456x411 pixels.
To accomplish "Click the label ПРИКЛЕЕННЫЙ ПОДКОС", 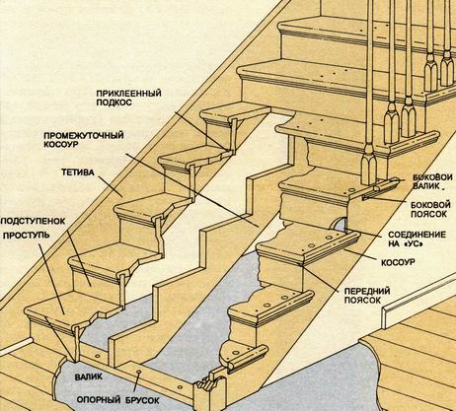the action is pyautogui.click(x=129, y=98).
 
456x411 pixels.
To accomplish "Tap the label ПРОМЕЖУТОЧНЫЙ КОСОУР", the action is pyautogui.click(x=84, y=140).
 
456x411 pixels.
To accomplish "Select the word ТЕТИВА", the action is pyautogui.click(x=78, y=172).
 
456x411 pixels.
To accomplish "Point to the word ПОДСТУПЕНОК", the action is pyautogui.click(x=34, y=221).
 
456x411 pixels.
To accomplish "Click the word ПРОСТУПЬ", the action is pyautogui.click(x=27, y=236).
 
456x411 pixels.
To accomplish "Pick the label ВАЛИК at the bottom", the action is pyautogui.click(x=89, y=377).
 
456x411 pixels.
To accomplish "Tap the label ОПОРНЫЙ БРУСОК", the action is pyautogui.click(x=118, y=400).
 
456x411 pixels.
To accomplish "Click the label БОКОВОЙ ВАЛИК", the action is pyautogui.click(x=432, y=181).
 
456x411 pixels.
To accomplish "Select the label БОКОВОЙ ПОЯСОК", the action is pyautogui.click(x=430, y=209).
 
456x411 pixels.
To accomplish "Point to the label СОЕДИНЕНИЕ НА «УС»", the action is pyautogui.click(x=417, y=240).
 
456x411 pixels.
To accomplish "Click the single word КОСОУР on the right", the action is pyautogui.click(x=398, y=262).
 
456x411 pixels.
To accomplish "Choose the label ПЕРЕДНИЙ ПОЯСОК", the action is pyautogui.click(x=367, y=296).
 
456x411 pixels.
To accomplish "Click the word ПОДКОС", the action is pyautogui.click(x=114, y=103).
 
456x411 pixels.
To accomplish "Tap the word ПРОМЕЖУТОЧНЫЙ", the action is pyautogui.click(x=84, y=135).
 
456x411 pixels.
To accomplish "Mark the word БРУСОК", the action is pyautogui.click(x=142, y=400).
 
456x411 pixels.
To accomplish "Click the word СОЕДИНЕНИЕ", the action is pyautogui.click(x=417, y=235).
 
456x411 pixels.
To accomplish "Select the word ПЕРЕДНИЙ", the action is pyautogui.click(x=367, y=292).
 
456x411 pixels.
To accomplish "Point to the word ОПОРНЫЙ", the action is pyautogui.click(x=99, y=400).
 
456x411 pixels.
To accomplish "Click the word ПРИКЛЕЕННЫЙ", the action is pyautogui.click(x=129, y=93).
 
